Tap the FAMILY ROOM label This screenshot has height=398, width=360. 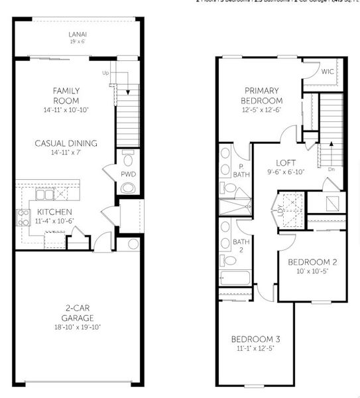pos(66,95)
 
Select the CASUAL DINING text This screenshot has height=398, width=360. pos(66,143)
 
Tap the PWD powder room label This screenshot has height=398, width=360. pos(128,174)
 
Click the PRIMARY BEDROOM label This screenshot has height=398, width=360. pos(263,96)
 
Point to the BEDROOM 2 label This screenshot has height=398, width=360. pos(312,262)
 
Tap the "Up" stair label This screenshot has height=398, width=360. pos(105,73)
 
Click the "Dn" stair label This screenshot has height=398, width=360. pos(331,169)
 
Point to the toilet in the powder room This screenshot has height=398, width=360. pos(128,160)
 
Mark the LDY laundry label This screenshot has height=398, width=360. pos(280,210)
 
